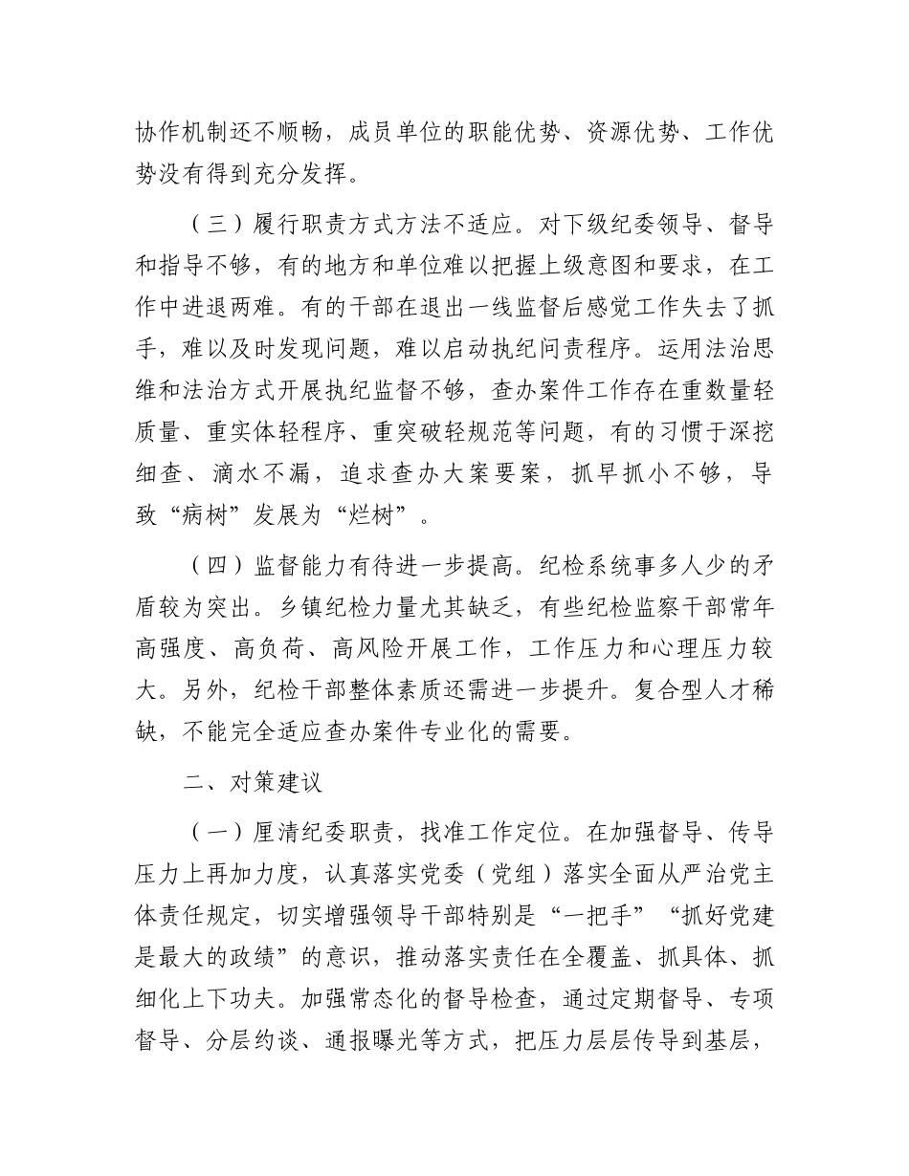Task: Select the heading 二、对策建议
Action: (x=254, y=783)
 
